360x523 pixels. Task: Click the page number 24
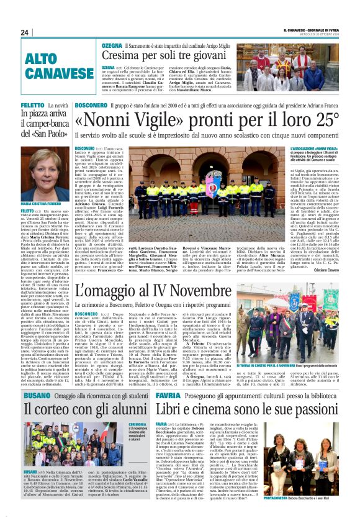(x=25, y=32)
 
